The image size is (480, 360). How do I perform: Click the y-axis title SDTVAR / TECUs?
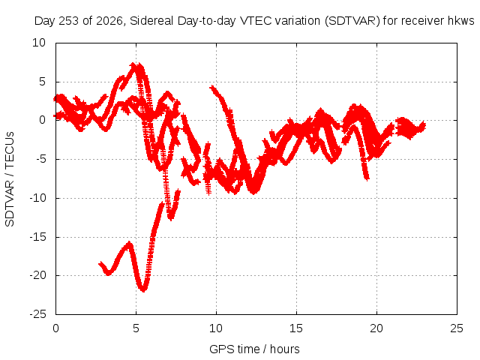(10, 179)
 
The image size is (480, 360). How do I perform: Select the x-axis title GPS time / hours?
(254, 349)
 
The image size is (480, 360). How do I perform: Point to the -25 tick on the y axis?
(38, 314)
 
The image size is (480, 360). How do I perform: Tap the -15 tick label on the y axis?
(38, 237)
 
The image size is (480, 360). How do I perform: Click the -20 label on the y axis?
(38, 275)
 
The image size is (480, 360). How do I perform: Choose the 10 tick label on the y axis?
(39, 43)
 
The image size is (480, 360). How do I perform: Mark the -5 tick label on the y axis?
(40, 159)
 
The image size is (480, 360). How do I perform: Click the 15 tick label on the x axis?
(296, 328)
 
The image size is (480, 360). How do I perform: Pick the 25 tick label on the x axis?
(457, 328)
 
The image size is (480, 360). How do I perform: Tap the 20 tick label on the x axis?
(376, 328)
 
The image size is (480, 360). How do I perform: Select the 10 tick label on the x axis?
(216, 328)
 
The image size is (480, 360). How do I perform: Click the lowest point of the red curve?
(143, 290)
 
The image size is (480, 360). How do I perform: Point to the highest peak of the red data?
(133, 64)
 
